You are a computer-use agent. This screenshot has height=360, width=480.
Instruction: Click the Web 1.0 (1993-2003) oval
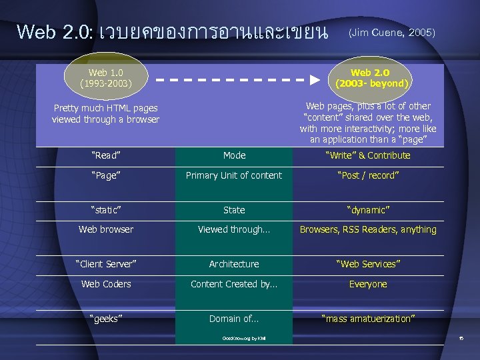pos(106,78)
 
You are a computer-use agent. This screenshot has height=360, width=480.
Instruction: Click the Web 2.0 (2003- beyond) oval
pos(370,78)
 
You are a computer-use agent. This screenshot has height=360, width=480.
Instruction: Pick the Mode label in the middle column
pos(234,155)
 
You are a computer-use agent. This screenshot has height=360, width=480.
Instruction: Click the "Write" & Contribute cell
pos(368,155)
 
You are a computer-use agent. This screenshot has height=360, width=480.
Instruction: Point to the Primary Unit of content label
pos(234,175)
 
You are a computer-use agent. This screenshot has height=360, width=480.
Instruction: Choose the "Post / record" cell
pos(368,175)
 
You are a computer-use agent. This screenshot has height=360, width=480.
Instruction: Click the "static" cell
pos(105,210)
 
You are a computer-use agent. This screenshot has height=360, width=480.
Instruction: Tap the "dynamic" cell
pos(368,210)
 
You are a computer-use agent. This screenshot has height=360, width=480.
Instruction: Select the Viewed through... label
pos(234,229)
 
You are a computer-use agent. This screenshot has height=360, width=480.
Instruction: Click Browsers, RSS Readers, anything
pos(368,229)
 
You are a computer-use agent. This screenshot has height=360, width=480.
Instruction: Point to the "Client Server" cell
pos(106,264)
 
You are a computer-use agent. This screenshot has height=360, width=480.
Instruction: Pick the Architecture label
pos(234,264)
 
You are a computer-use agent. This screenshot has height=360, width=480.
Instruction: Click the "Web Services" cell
pos(368,264)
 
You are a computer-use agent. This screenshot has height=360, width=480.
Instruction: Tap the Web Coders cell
pos(106,284)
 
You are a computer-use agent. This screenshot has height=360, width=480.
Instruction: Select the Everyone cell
pos(368,284)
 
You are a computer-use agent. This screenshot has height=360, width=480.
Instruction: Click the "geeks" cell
pos(105,319)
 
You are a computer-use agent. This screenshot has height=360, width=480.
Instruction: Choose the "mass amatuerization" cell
pos(368,319)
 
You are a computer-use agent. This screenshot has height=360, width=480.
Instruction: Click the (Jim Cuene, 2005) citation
pos(392,32)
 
